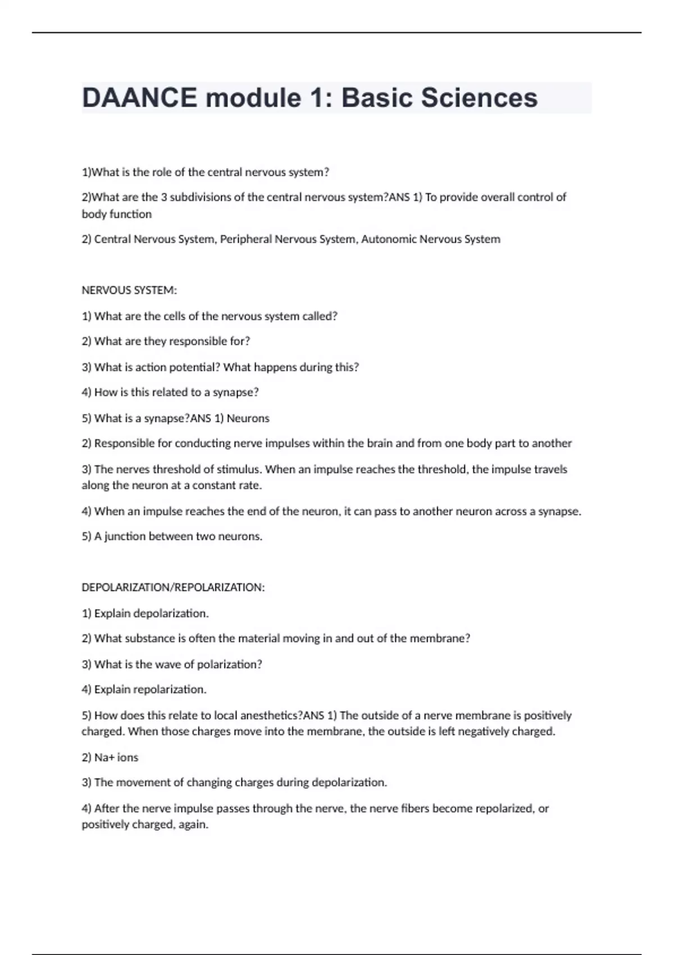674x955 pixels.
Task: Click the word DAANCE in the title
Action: click(139, 98)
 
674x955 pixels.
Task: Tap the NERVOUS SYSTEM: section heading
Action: click(129, 290)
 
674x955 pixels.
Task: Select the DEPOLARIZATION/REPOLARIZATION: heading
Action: click(173, 588)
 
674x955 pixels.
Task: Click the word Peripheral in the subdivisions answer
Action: click(245, 239)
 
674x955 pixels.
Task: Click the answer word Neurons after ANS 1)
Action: click(248, 419)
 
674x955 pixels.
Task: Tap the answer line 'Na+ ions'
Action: click(110, 757)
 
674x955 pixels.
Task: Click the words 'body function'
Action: click(117, 214)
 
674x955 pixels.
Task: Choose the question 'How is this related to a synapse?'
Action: click(171, 392)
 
